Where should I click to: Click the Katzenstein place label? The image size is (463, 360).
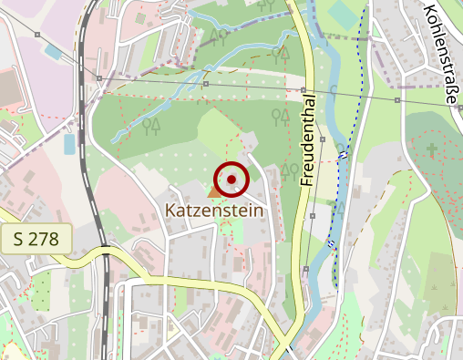[x=213, y=211]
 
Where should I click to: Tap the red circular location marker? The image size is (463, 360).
[x=231, y=179]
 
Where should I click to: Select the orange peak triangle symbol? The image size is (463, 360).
[x=215, y=190]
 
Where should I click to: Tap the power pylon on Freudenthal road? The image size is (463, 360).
[x=303, y=90]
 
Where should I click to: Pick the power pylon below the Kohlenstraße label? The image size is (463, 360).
[x=398, y=98]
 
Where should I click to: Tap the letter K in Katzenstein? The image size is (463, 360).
[x=170, y=211]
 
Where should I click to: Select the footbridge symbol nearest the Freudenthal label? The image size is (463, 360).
[x=343, y=156]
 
